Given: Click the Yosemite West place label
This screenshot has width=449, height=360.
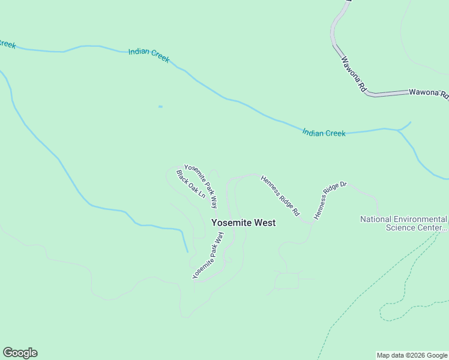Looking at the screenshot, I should coord(243,223).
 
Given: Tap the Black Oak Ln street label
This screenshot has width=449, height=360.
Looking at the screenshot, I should coord(191,184).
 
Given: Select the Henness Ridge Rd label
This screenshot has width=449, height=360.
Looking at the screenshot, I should coord(280,196).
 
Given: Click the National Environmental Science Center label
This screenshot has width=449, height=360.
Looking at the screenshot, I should coord(403,223).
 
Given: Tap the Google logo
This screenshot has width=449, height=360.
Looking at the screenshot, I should coord(20,353).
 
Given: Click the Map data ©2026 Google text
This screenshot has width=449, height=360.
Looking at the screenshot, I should coord(412,355).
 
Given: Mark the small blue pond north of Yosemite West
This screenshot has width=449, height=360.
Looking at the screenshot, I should coord(160,107).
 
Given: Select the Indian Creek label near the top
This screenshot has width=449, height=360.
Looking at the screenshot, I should coord(149,56).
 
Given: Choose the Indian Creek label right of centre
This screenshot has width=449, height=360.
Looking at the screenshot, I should coord(324,133).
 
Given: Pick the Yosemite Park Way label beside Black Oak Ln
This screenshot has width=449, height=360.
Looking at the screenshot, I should coord(201,186).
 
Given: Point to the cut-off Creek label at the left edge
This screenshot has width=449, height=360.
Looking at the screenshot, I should coord(7,44).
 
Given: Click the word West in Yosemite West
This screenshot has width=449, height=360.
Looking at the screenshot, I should coord(265,223).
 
